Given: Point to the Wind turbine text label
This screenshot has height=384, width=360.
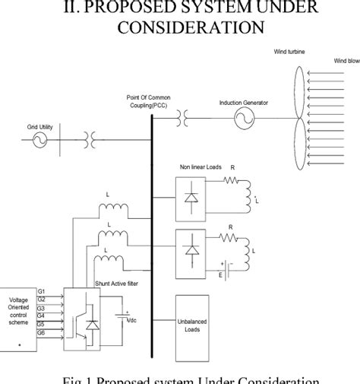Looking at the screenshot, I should pyautogui.click(x=294, y=52).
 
